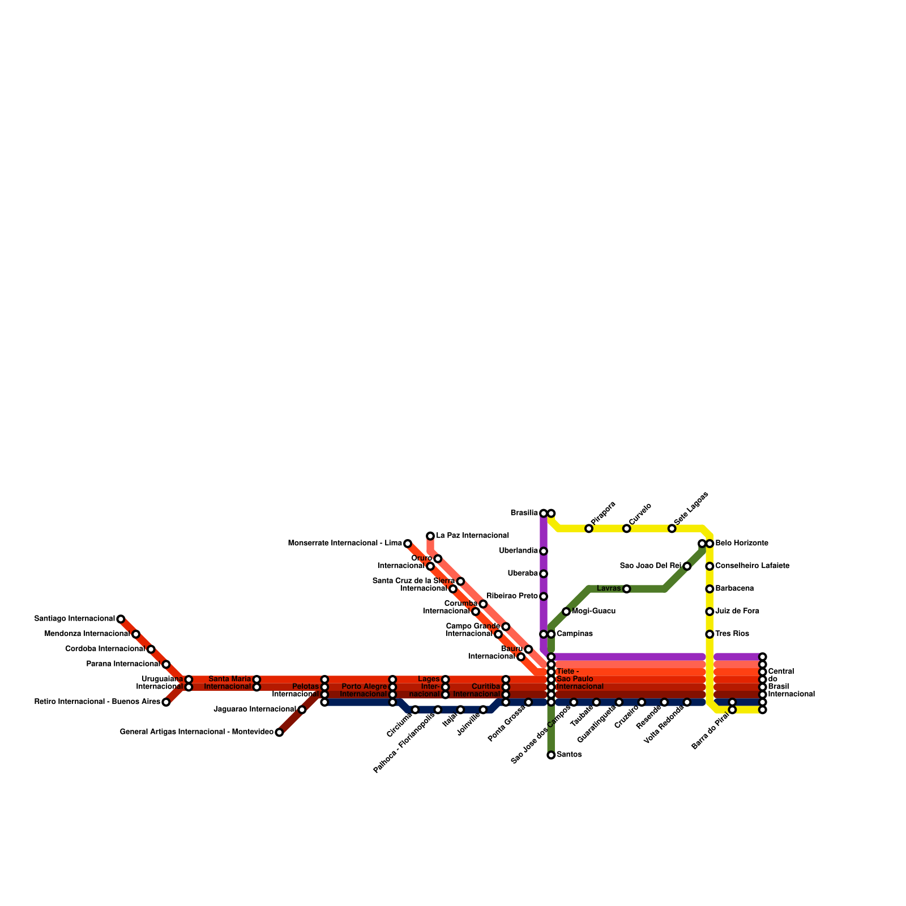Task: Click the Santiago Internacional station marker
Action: point(121,619)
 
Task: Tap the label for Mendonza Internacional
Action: point(87,634)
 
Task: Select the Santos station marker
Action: point(551,755)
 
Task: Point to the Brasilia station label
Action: point(524,513)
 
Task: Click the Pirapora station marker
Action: point(589,528)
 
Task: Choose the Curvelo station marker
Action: point(626,528)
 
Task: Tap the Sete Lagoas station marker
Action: point(672,528)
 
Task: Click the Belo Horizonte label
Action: point(742,543)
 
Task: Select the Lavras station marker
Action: point(626,589)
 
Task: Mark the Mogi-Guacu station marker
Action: point(566,612)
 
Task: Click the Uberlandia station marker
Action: point(544,551)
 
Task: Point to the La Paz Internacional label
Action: point(472,536)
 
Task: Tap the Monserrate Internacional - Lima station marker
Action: point(408,544)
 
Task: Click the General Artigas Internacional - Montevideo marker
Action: point(279,732)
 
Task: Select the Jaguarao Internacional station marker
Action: point(302,710)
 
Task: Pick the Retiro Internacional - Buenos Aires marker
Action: point(166,702)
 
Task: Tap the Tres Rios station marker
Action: point(710,634)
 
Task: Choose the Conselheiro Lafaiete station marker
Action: point(710,566)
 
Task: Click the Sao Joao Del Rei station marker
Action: point(687,566)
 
